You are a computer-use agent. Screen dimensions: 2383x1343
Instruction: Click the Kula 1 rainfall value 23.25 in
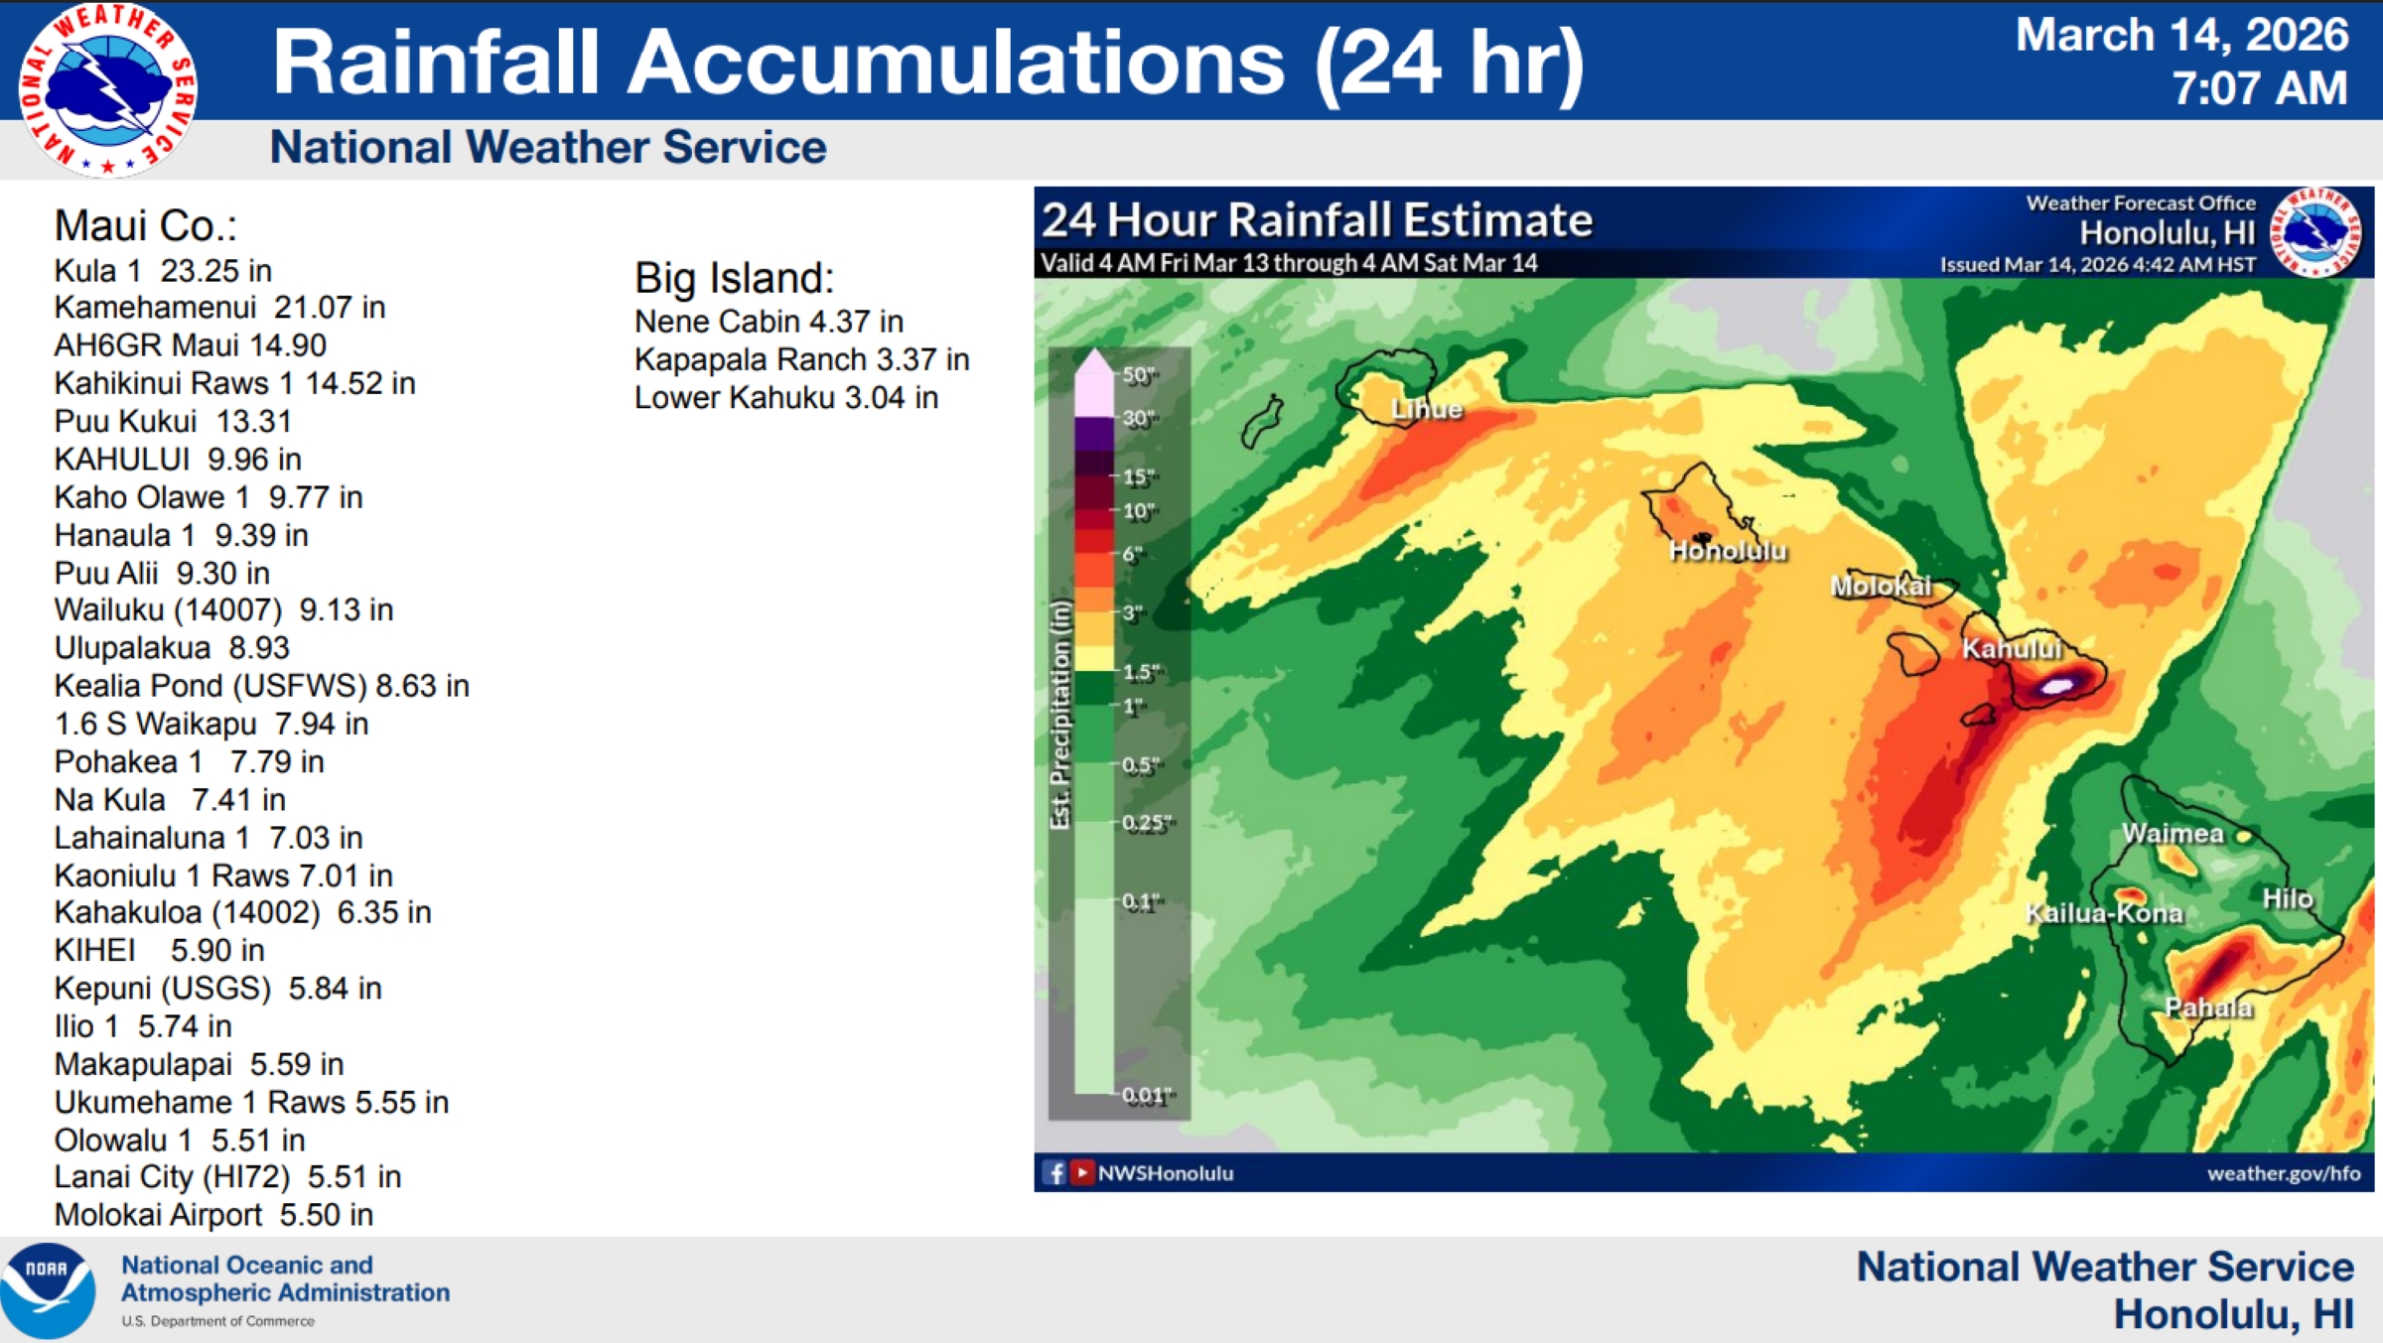(x=215, y=271)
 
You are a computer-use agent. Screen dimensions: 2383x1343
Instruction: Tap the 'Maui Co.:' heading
(x=146, y=226)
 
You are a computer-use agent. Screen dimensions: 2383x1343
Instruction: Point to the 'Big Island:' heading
(x=735, y=278)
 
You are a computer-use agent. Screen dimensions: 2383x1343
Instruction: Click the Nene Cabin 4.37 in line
(x=769, y=322)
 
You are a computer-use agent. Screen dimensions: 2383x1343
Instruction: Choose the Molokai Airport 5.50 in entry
(x=213, y=1215)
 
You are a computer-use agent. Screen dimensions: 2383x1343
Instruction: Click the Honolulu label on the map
(x=1728, y=551)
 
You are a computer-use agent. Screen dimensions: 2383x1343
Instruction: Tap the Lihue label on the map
(x=1427, y=409)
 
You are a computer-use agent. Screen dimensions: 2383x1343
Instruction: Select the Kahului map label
(x=2012, y=648)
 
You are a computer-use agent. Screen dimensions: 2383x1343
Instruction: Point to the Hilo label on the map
(x=2288, y=898)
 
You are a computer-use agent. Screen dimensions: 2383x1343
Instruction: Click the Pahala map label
(x=2209, y=1007)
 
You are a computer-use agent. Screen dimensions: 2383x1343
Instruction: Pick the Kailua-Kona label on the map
(x=2104, y=913)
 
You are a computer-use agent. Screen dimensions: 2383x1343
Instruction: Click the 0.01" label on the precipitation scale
(x=1149, y=1096)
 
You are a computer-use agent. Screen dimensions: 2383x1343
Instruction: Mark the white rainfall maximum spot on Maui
(x=2056, y=685)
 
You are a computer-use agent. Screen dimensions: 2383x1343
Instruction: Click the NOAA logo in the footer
(x=48, y=1290)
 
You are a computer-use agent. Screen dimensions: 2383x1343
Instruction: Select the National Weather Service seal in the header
(x=107, y=89)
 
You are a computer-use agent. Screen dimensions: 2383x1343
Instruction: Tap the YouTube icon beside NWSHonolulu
(x=1081, y=1173)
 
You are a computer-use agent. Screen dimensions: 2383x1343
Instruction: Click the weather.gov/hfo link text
(x=2284, y=1173)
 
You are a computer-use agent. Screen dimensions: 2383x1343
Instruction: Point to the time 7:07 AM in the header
(x=2260, y=87)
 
